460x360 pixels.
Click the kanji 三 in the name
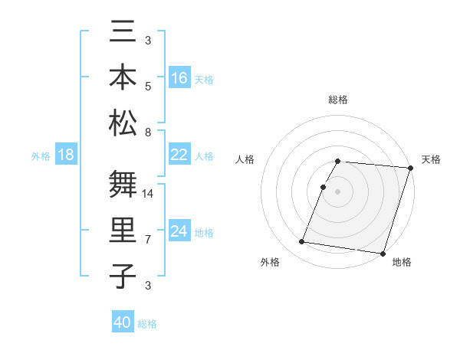(123, 34)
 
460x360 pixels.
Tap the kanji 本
(123, 77)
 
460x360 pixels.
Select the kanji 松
(123, 122)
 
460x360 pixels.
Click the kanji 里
(123, 231)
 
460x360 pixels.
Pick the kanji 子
(123, 276)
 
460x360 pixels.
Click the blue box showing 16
(179, 78)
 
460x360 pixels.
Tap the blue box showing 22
(179, 155)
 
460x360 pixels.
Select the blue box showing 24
(179, 231)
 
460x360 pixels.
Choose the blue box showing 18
(65, 155)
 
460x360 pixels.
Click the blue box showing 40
(123, 322)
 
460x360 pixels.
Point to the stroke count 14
(149, 194)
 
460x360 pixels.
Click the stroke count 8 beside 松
(147, 132)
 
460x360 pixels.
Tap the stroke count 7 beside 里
(147, 240)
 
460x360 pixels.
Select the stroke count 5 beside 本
(147, 86)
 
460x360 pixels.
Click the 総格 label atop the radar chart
(338, 100)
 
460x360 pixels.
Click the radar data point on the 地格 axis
(383, 253)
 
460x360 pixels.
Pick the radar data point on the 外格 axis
(301, 242)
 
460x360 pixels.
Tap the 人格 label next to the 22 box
(204, 155)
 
